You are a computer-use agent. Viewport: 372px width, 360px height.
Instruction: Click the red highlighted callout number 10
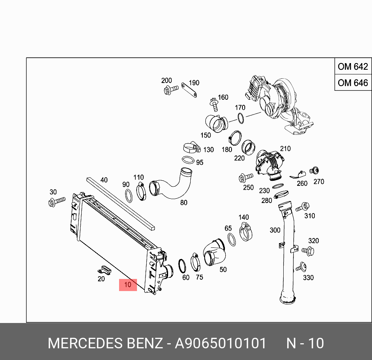[x=128, y=285]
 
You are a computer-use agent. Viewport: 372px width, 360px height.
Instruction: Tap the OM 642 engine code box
[x=353, y=67]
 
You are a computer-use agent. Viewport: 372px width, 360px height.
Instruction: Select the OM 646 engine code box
[x=353, y=83]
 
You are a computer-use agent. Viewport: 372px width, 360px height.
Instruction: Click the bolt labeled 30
[x=56, y=201]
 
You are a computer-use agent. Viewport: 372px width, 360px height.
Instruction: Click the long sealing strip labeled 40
[x=121, y=202]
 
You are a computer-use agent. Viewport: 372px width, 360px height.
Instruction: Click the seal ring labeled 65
[x=231, y=240]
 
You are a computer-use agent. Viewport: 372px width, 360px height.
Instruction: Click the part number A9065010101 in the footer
[x=221, y=343]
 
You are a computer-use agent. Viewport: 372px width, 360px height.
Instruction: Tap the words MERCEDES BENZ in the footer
[x=105, y=343]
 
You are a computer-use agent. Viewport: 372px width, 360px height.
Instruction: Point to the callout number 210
[x=285, y=148]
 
